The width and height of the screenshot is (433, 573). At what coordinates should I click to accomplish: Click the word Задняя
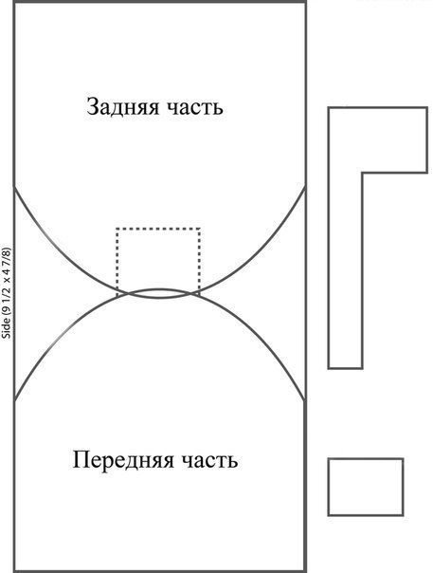pos(122,107)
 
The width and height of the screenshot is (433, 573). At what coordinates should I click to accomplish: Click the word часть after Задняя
pos(194,108)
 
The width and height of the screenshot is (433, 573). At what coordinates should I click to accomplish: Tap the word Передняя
pos(123,460)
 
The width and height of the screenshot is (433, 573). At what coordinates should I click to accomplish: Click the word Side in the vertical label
pos(7,331)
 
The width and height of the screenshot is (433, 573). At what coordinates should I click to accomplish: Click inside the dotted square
pos(158,256)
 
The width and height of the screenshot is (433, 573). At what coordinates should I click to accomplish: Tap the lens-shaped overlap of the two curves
pos(158,293)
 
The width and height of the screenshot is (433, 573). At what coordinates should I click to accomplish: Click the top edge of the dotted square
pos(158,229)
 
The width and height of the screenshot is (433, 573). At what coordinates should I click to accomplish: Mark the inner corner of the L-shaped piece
pos(362,173)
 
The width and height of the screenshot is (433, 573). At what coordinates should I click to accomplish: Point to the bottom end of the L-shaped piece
pos(346,368)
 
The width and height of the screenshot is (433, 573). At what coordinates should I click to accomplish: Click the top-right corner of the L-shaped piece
pos(427,107)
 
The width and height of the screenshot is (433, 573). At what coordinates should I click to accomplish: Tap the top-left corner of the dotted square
pos(117,229)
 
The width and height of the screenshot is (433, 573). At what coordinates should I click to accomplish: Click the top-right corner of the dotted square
pos(200,229)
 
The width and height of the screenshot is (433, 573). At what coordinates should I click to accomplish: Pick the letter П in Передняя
pos(80,460)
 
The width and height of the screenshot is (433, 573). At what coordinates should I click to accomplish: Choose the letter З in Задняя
pos(92,107)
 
